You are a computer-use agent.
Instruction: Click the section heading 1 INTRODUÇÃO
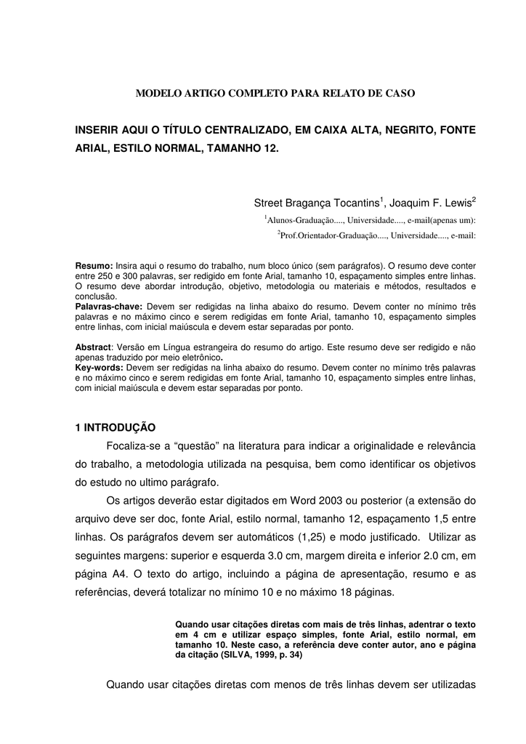click(x=116, y=427)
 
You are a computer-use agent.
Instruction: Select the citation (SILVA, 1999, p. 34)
click(x=262, y=655)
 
